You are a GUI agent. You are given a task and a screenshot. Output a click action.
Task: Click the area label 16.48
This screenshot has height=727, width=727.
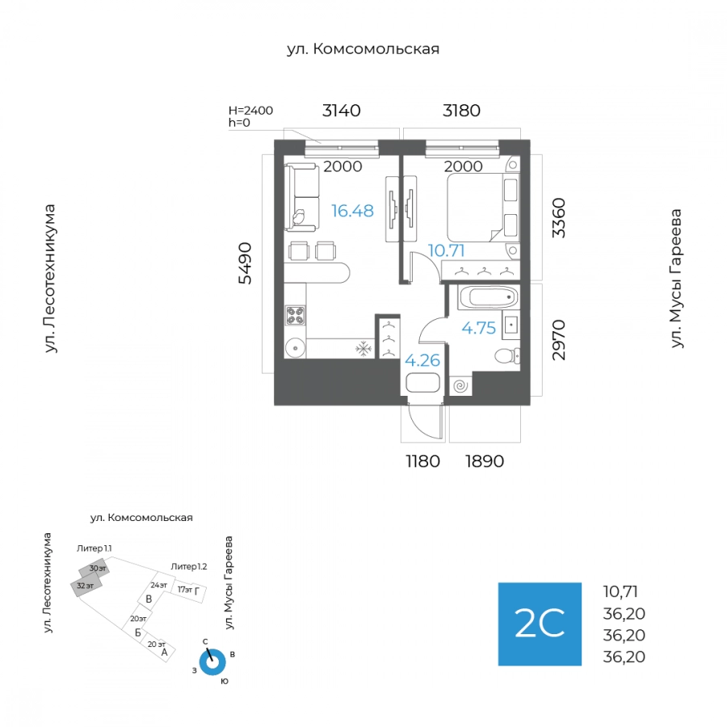352,211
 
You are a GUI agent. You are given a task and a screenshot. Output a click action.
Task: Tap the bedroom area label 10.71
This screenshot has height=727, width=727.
446,251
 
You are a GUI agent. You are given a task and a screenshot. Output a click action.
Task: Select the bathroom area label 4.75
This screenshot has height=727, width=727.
478,328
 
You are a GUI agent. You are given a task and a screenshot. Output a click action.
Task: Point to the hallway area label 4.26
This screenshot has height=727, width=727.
422,360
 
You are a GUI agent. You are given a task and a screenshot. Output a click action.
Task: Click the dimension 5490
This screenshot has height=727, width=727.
245,263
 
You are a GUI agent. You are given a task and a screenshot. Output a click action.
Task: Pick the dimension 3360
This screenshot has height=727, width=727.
559,218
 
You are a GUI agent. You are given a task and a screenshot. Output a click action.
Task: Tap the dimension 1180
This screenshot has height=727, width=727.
422,461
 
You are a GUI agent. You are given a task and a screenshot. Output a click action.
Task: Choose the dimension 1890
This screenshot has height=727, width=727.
485,461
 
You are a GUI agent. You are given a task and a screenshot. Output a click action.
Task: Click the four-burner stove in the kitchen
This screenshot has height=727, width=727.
296,316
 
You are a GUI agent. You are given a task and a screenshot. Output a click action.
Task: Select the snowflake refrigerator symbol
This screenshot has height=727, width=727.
363,349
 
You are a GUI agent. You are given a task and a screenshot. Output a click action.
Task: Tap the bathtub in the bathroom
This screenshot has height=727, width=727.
488,297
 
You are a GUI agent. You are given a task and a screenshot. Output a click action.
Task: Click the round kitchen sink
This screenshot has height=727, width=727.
295,347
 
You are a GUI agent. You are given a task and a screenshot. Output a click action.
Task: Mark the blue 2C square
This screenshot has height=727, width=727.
540,624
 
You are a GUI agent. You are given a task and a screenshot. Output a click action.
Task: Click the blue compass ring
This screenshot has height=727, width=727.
212,662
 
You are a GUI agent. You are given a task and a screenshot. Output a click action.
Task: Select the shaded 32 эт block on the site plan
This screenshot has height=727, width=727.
86,586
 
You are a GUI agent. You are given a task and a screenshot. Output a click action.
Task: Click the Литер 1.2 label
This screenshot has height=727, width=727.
189,566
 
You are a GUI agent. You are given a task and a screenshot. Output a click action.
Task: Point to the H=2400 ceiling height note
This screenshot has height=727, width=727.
251,111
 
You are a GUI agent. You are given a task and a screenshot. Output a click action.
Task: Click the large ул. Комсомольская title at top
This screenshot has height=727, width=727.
363,48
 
